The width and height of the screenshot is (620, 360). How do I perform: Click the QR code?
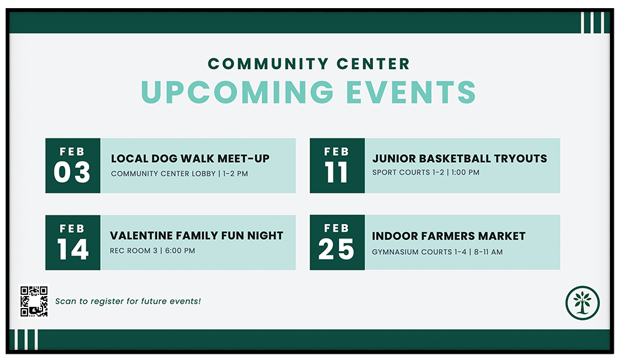point(34,301)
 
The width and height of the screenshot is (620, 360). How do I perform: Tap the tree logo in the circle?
point(582,302)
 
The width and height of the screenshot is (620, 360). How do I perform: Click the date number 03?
point(72,173)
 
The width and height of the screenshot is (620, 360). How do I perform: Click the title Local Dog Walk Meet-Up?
point(190,158)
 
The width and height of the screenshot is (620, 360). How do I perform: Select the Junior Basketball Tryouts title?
point(459,158)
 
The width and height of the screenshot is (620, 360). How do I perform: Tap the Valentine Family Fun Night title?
point(196,235)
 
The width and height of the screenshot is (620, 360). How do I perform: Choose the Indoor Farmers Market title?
point(449,236)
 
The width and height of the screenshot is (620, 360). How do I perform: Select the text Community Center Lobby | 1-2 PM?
point(179,173)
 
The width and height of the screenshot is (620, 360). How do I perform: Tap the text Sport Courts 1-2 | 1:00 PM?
point(425,172)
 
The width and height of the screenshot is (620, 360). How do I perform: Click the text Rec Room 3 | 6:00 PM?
point(152,250)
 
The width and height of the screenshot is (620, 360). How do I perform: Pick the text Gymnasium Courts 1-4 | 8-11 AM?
point(437,252)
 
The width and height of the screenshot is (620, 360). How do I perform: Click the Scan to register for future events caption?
point(128,301)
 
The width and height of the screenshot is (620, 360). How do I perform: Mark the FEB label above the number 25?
point(337,228)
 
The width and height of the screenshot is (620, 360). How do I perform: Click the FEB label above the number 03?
point(73,151)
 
